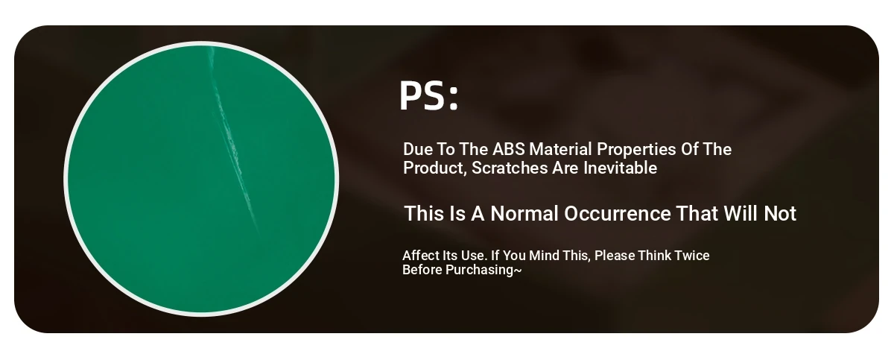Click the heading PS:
pyautogui.click(x=428, y=95)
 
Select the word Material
pyautogui.click(x=560, y=149)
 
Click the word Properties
pyautogui.click(x=636, y=150)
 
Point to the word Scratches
pyautogui.click(x=510, y=168)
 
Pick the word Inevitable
pyautogui.click(x=620, y=168)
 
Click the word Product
pyautogui.click(x=434, y=168)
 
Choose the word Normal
pyautogui.click(x=524, y=213)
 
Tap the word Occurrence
pyautogui.click(x=618, y=213)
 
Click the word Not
pyautogui.click(x=780, y=213)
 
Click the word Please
pyautogui.click(x=614, y=256)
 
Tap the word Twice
pyautogui.click(x=691, y=256)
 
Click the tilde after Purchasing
pyautogui.click(x=518, y=271)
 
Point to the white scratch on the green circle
pyautogui.click(x=232, y=139)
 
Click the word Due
pyautogui.click(x=418, y=149)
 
